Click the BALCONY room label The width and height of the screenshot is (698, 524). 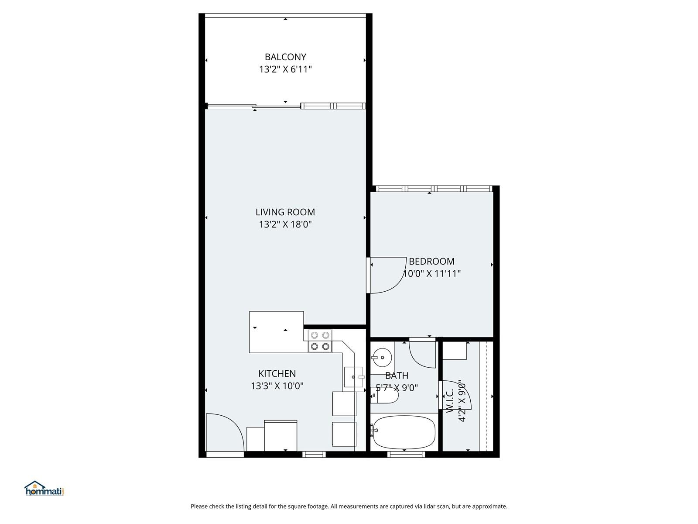pos(285,57)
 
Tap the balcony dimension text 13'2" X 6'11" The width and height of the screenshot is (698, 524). pos(285,69)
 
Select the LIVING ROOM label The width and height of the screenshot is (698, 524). pos(285,212)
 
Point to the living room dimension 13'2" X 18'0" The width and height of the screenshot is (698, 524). pos(285,224)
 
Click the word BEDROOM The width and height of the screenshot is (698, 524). pos(431,261)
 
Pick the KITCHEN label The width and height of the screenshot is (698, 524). pos(277,373)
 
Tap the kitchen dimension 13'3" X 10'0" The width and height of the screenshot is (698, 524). pos(277,386)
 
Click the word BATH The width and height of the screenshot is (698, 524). pos(397,376)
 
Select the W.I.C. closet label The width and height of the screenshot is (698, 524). pos(450,401)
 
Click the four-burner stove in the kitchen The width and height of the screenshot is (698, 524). pos(320,341)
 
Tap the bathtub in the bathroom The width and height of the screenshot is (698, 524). pos(404,432)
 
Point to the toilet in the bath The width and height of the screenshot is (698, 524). pos(384,396)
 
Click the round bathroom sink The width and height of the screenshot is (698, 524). pos(382,358)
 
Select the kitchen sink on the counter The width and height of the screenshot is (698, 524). pos(353,377)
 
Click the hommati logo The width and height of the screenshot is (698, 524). pos(44,488)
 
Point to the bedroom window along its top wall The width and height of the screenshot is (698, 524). pos(434,189)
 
